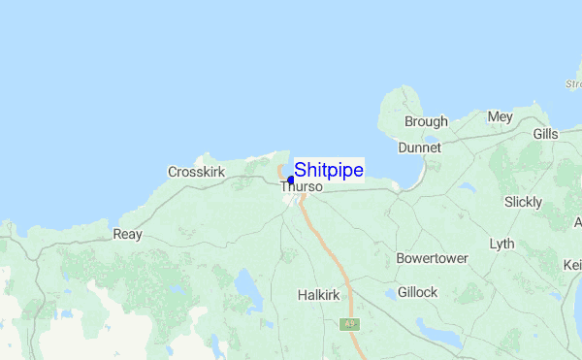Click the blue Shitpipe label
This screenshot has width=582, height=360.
point(329,170)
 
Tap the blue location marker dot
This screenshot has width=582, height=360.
point(290,180)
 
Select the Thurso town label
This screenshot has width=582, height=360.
point(301,187)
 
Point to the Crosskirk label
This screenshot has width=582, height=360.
point(197,172)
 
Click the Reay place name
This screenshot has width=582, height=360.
point(127,234)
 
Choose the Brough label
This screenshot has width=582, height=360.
point(426,121)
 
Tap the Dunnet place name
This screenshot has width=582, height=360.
point(419,147)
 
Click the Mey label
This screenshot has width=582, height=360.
point(500,116)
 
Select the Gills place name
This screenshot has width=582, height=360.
point(545,134)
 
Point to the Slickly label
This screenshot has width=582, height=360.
point(524,202)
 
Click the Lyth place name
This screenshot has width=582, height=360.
point(502,243)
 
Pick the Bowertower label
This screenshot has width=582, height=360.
point(433,259)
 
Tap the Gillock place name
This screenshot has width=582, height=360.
point(417,292)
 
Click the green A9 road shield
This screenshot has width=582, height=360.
point(347,324)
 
